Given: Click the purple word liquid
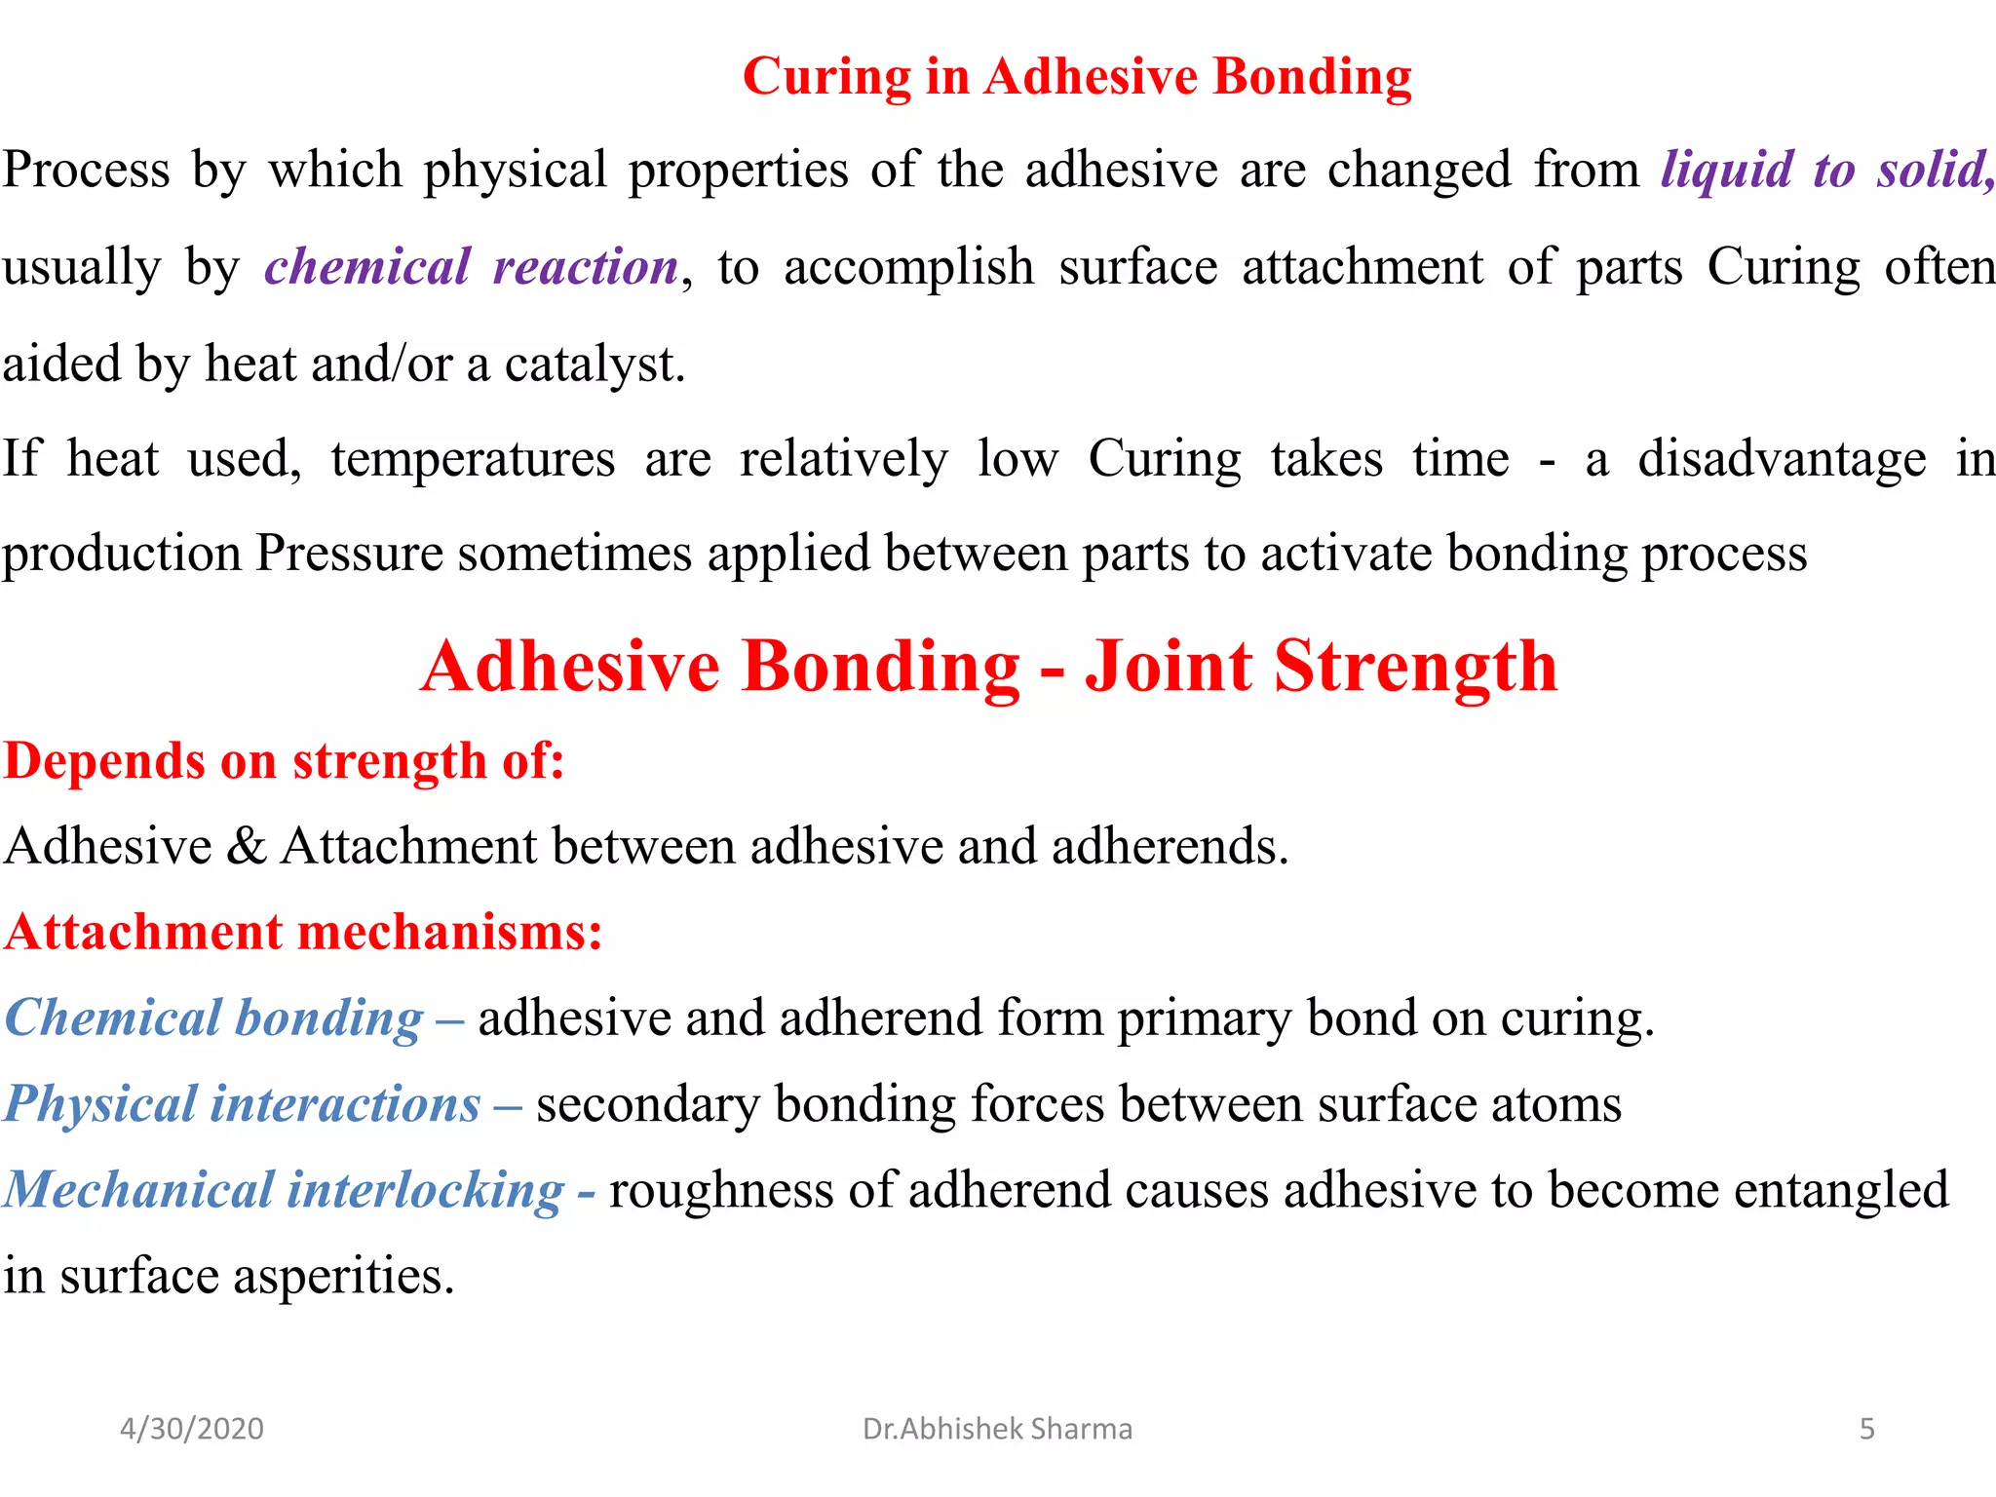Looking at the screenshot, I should [x=1726, y=170].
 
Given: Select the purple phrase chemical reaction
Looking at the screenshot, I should [x=472, y=267].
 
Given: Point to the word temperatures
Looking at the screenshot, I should [x=473, y=458].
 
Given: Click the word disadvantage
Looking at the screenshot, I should [x=1782, y=458].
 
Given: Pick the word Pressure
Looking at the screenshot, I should [x=349, y=554].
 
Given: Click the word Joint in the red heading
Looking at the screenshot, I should [x=1169, y=667].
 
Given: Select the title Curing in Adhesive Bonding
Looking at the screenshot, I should [x=1077, y=76].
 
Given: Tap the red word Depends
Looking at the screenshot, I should [x=105, y=760].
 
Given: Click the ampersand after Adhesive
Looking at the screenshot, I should [x=246, y=845].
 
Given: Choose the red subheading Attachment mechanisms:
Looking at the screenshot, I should [x=303, y=932].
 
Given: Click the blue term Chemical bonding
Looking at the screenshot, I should [x=214, y=1017].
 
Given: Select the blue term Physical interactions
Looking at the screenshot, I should [x=243, y=1104].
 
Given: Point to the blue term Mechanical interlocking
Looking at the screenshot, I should [x=284, y=1190].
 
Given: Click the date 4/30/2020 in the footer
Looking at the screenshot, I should [x=192, y=1429].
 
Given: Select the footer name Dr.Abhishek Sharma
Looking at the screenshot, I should [x=997, y=1429].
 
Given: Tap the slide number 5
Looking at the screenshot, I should [x=1866, y=1429].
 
